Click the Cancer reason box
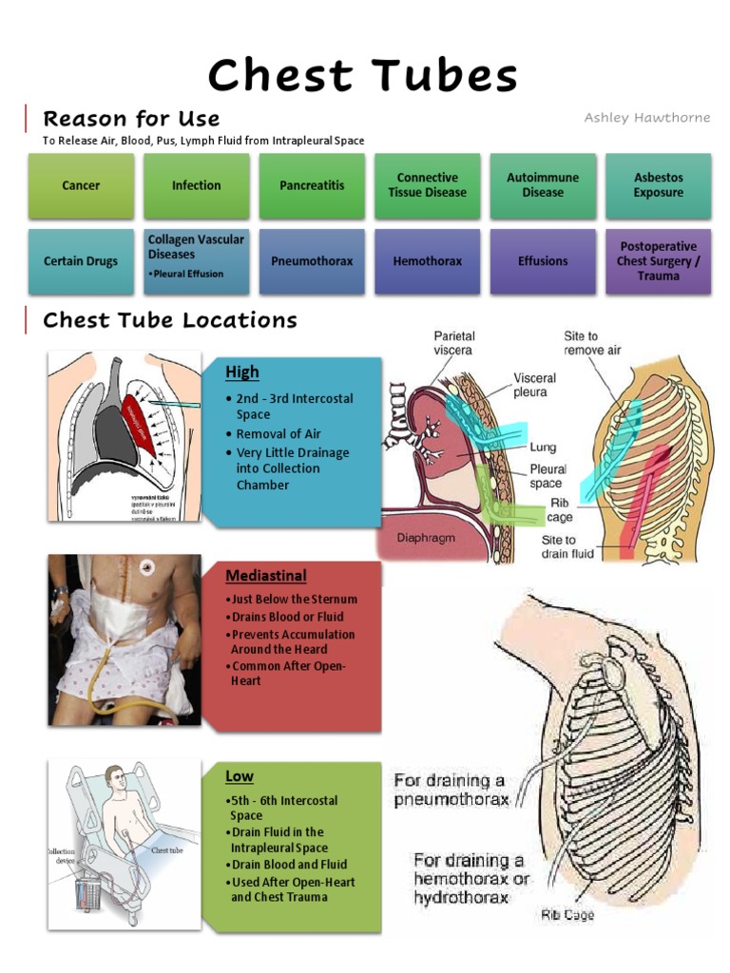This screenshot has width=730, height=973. point(81,185)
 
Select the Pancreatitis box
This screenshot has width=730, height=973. point(312,185)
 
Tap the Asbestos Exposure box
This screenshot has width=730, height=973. point(659,185)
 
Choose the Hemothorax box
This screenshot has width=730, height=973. point(427,260)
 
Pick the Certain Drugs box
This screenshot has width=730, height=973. point(81,260)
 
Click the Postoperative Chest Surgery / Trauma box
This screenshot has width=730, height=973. point(659,260)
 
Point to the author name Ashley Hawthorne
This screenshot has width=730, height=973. point(647,118)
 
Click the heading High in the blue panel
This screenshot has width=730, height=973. point(242,372)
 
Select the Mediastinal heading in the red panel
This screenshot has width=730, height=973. point(266,575)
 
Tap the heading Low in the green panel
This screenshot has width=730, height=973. point(240,776)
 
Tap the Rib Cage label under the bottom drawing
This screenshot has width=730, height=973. point(567,914)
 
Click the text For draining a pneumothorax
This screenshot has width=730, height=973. point(451,790)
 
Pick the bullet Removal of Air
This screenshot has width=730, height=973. point(279,434)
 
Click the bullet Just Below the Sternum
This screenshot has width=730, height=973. point(293,600)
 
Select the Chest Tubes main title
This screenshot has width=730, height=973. point(363,75)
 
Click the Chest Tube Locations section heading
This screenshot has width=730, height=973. point(170,320)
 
